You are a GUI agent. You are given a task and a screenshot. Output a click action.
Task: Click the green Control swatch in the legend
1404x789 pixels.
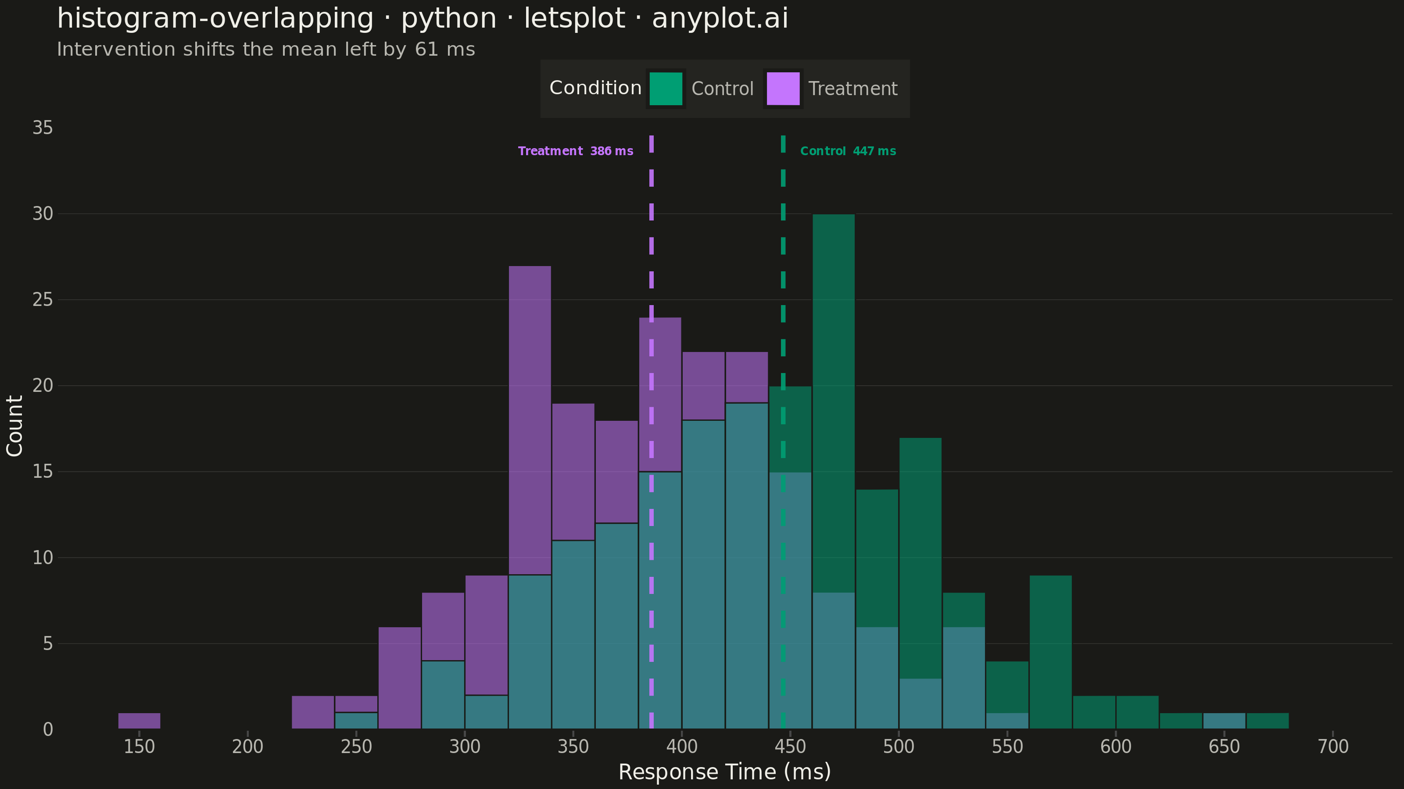666,88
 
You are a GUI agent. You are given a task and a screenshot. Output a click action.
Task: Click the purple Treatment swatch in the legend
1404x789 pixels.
783,88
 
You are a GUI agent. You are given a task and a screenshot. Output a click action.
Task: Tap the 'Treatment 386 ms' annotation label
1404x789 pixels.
576,151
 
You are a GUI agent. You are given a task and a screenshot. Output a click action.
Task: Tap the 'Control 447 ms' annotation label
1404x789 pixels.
848,151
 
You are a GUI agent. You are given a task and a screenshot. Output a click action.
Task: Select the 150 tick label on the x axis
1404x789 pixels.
139,746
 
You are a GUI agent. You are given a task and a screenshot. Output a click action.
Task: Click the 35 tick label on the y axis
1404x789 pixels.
43,128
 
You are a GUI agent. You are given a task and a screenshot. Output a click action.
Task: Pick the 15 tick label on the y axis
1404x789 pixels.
43,472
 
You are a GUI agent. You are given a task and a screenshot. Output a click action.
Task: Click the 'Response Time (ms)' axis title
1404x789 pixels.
724,772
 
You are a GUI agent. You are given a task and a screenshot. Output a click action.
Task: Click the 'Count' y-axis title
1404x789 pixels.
15,426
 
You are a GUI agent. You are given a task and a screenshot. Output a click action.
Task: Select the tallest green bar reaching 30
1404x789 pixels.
833,403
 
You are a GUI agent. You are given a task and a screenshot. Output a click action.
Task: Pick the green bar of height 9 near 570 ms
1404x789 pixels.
1050,652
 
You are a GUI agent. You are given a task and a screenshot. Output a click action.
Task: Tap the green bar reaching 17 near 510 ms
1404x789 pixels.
920,558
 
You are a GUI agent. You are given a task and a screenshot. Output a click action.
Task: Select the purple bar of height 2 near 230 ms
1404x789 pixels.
313,712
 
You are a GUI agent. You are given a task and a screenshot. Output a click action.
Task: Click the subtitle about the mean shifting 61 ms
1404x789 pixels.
266,50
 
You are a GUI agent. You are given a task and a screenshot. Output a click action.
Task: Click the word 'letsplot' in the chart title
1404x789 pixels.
574,18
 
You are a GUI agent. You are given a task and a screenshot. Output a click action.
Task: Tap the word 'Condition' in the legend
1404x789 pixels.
595,88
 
